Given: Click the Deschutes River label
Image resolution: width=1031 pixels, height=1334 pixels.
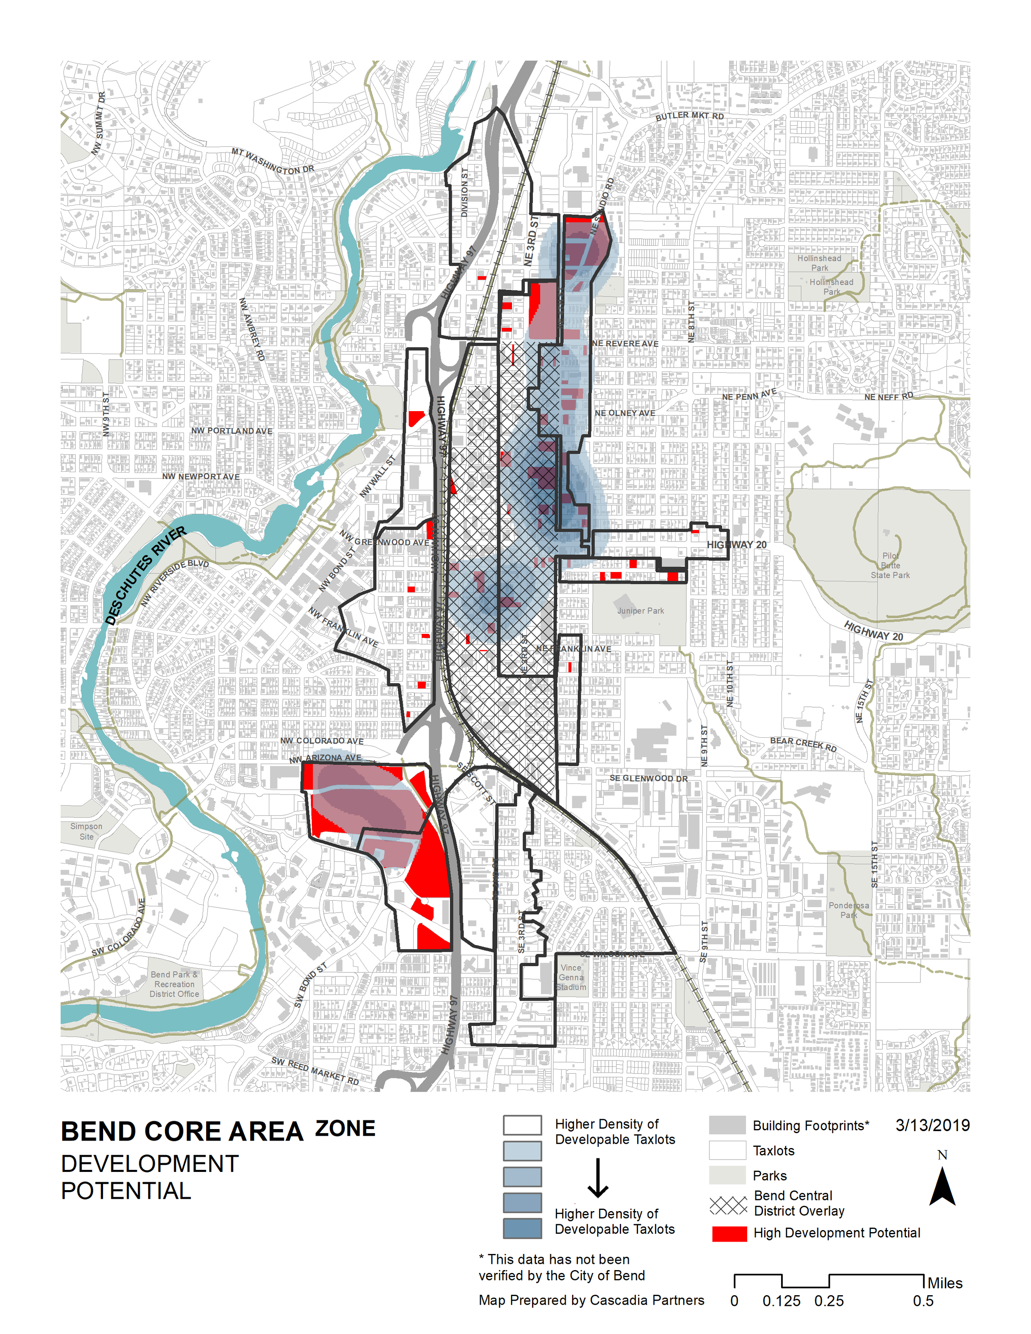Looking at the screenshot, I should [x=145, y=575].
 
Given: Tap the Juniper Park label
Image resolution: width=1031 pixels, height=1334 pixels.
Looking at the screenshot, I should [x=640, y=611].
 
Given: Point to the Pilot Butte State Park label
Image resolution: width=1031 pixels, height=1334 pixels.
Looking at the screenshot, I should [x=890, y=566].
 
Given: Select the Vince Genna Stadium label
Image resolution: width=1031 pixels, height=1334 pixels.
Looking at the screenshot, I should [x=571, y=977].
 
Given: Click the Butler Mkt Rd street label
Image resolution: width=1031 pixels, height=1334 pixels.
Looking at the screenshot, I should [x=690, y=116].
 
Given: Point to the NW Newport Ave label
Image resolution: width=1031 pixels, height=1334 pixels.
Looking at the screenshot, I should [x=201, y=476].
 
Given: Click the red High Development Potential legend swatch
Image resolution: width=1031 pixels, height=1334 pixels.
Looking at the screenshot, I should [x=729, y=1233].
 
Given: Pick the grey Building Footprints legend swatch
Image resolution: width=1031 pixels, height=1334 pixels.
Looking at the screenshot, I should [x=727, y=1125].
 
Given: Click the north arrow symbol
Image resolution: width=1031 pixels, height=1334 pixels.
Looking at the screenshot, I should [x=942, y=1186].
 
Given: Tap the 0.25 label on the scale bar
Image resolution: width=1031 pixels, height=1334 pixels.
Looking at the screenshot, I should [x=829, y=1301].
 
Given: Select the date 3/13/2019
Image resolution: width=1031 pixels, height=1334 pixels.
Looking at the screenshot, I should [x=932, y=1125].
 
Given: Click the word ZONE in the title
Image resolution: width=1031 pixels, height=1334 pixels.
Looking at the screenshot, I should [x=345, y=1129].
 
